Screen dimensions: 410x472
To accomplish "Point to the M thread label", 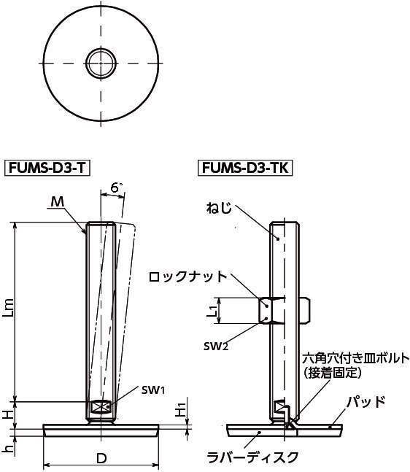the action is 58,201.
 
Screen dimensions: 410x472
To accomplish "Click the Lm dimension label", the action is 9,308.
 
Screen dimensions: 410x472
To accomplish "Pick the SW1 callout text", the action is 153,390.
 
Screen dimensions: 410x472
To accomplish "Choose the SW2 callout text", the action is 216,347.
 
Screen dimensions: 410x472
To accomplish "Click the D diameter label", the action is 101,458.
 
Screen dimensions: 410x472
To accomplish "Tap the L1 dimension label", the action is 212,311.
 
